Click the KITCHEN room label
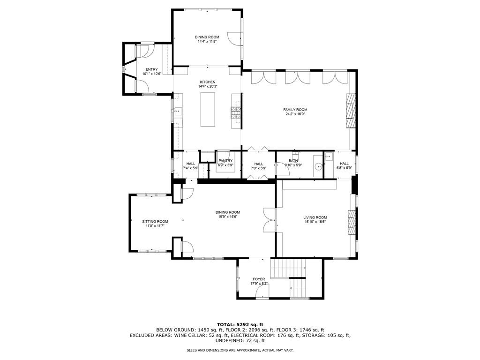coord(207,82)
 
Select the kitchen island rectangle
coord(207,109)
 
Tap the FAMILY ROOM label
coord(295,110)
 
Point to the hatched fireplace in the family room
coord(350,110)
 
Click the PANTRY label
coord(225,161)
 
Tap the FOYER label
coord(259,279)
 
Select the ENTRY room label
coord(151,69)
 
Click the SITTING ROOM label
coord(155,221)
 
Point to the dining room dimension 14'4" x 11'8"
coord(207,41)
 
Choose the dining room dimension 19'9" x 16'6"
coord(228,217)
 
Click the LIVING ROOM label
coord(315,217)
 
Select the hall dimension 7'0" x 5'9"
coord(259,168)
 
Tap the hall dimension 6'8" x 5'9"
coord(344,168)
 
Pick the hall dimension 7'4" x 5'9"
coord(191,168)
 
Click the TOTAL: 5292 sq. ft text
coord(240,324)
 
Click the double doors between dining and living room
coord(269,219)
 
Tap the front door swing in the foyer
coord(262,292)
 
